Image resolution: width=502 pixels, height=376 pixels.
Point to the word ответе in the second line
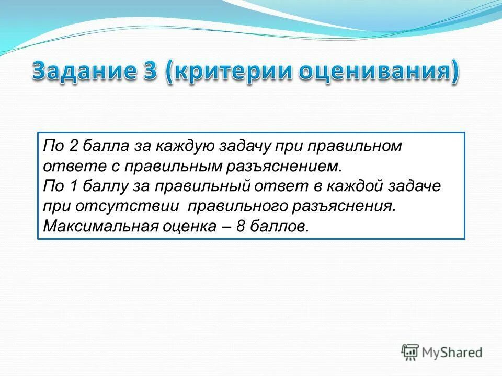click(71, 167)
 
